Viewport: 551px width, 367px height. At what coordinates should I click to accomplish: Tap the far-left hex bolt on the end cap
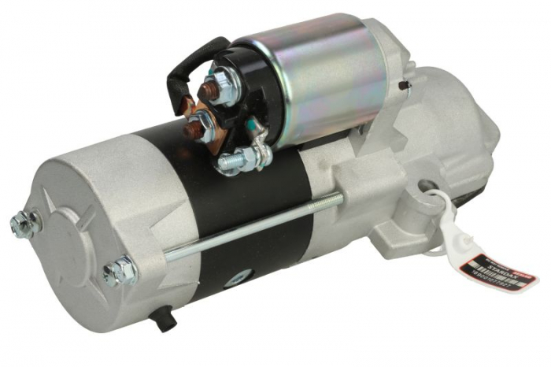coord(24,224)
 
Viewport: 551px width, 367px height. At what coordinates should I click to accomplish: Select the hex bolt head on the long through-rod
coord(120,271)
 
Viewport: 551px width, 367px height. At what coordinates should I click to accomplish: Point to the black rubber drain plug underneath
coord(164,318)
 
